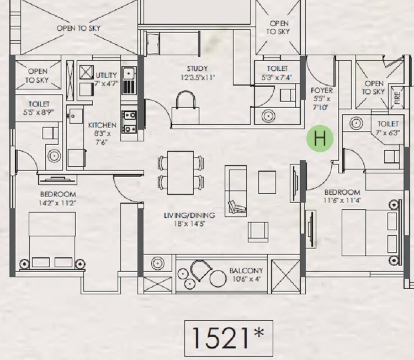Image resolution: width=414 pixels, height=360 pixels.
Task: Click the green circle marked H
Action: click(320, 139)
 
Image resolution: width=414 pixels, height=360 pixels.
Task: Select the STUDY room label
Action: click(197, 69)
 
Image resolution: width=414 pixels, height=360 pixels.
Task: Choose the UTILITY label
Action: click(106, 75)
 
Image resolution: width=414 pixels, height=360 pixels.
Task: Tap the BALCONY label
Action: click(246, 271)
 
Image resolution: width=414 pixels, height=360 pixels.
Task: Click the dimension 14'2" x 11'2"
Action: click(57, 203)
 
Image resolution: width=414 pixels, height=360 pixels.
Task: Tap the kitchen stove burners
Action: click(129, 122)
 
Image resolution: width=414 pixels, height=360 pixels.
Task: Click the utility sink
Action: click(129, 72)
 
